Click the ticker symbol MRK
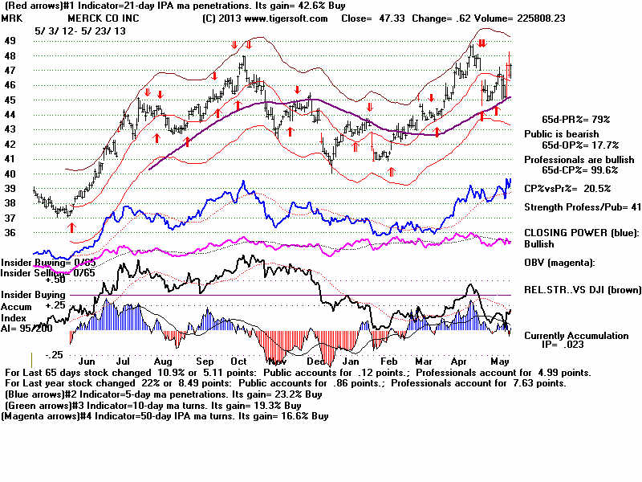pos(12,18)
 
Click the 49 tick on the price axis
pos(10,40)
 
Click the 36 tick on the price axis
pos(10,233)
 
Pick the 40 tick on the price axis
pos(10,174)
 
